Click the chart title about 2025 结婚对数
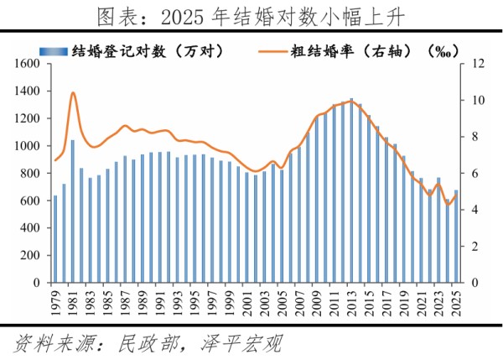coord(251,15)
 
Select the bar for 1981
coord(73,211)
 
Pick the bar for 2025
coord(455,237)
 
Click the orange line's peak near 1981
coord(73,92)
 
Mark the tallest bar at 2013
coord(351,190)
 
